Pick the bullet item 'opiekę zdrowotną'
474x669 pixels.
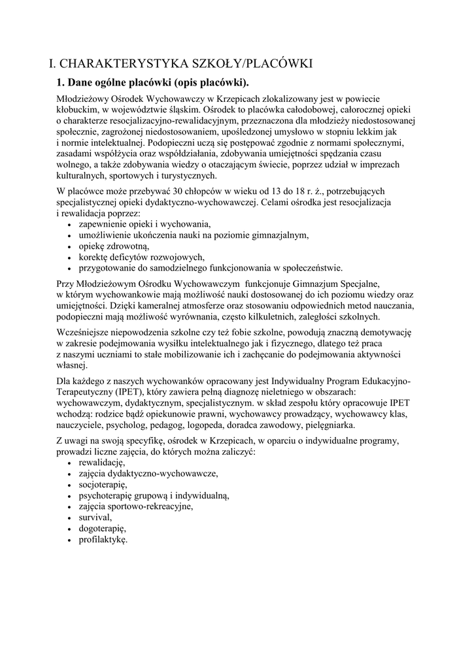pyautogui.click(x=114, y=246)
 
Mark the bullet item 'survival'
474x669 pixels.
pyautogui.click(x=95, y=517)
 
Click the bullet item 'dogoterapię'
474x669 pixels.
pyautogui.click(x=102, y=529)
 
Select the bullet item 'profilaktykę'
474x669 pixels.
pyautogui.click(x=103, y=540)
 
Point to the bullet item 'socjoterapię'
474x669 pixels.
pyautogui.click(x=103, y=485)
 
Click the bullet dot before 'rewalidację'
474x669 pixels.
pyautogui.click(x=70, y=463)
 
